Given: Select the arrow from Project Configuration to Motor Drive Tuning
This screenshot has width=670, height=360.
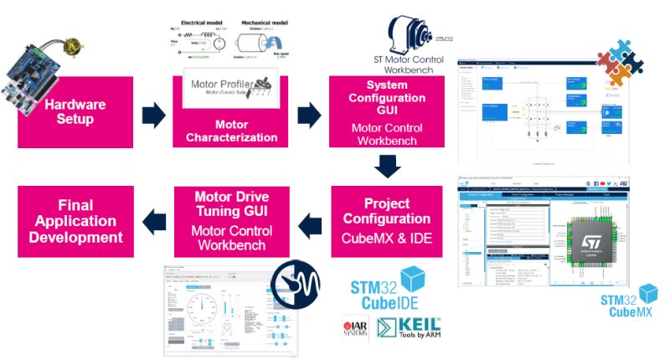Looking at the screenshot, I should pos(311,222).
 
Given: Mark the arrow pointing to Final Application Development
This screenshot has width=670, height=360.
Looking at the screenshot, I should pos(153,222).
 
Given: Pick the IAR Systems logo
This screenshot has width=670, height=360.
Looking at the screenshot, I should pos(354,328).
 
